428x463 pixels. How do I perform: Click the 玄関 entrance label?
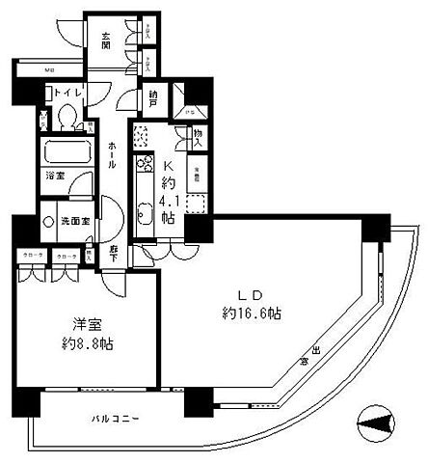105,38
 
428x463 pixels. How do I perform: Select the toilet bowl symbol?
67,116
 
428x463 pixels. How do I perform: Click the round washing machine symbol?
50,220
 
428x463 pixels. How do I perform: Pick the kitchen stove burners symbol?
142,138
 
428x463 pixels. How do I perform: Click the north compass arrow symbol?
375,422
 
